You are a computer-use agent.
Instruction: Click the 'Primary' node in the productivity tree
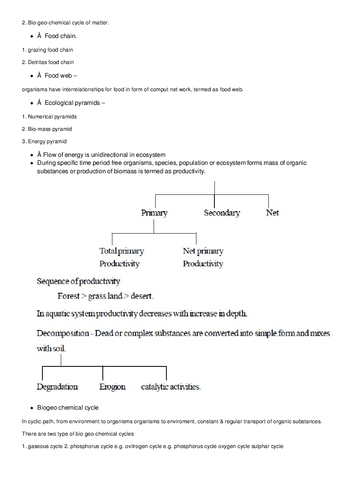click(x=154, y=213)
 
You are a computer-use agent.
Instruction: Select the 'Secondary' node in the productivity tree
click(x=222, y=213)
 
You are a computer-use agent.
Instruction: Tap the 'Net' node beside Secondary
click(x=272, y=213)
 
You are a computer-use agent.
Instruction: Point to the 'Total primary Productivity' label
click(x=121, y=257)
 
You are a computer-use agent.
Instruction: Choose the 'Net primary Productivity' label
click(x=203, y=257)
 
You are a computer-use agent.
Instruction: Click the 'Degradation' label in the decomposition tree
click(x=57, y=387)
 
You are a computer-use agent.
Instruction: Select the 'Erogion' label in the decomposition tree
click(x=112, y=387)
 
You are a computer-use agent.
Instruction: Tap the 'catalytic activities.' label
click(x=171, y=387)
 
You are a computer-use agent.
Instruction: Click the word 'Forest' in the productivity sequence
click(x=68, y=296)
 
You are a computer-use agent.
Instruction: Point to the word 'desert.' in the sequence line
click(x=142, y=296)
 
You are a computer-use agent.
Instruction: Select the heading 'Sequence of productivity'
click(x=78, y=282)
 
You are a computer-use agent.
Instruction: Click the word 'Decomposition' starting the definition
click(x=63, y=333)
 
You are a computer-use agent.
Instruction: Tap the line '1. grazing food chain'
click(x=47, y=50)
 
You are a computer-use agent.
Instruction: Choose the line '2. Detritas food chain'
click(x=48, y=62)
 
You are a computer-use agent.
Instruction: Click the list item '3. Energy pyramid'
click(x=44, y=142)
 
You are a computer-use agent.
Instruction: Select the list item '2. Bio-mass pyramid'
click(x=47, y=129)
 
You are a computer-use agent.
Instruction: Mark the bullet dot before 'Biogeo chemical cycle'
click(x=31, y=408)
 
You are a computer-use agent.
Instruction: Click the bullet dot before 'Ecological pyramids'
click(x=31, y=103)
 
